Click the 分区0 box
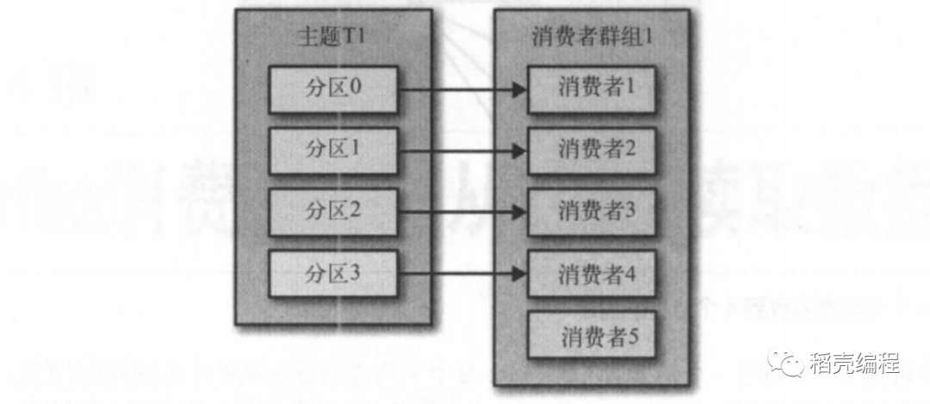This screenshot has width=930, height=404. coord(333,89)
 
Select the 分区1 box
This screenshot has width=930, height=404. coord(333,151)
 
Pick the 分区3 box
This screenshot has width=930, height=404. coord(333,275)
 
